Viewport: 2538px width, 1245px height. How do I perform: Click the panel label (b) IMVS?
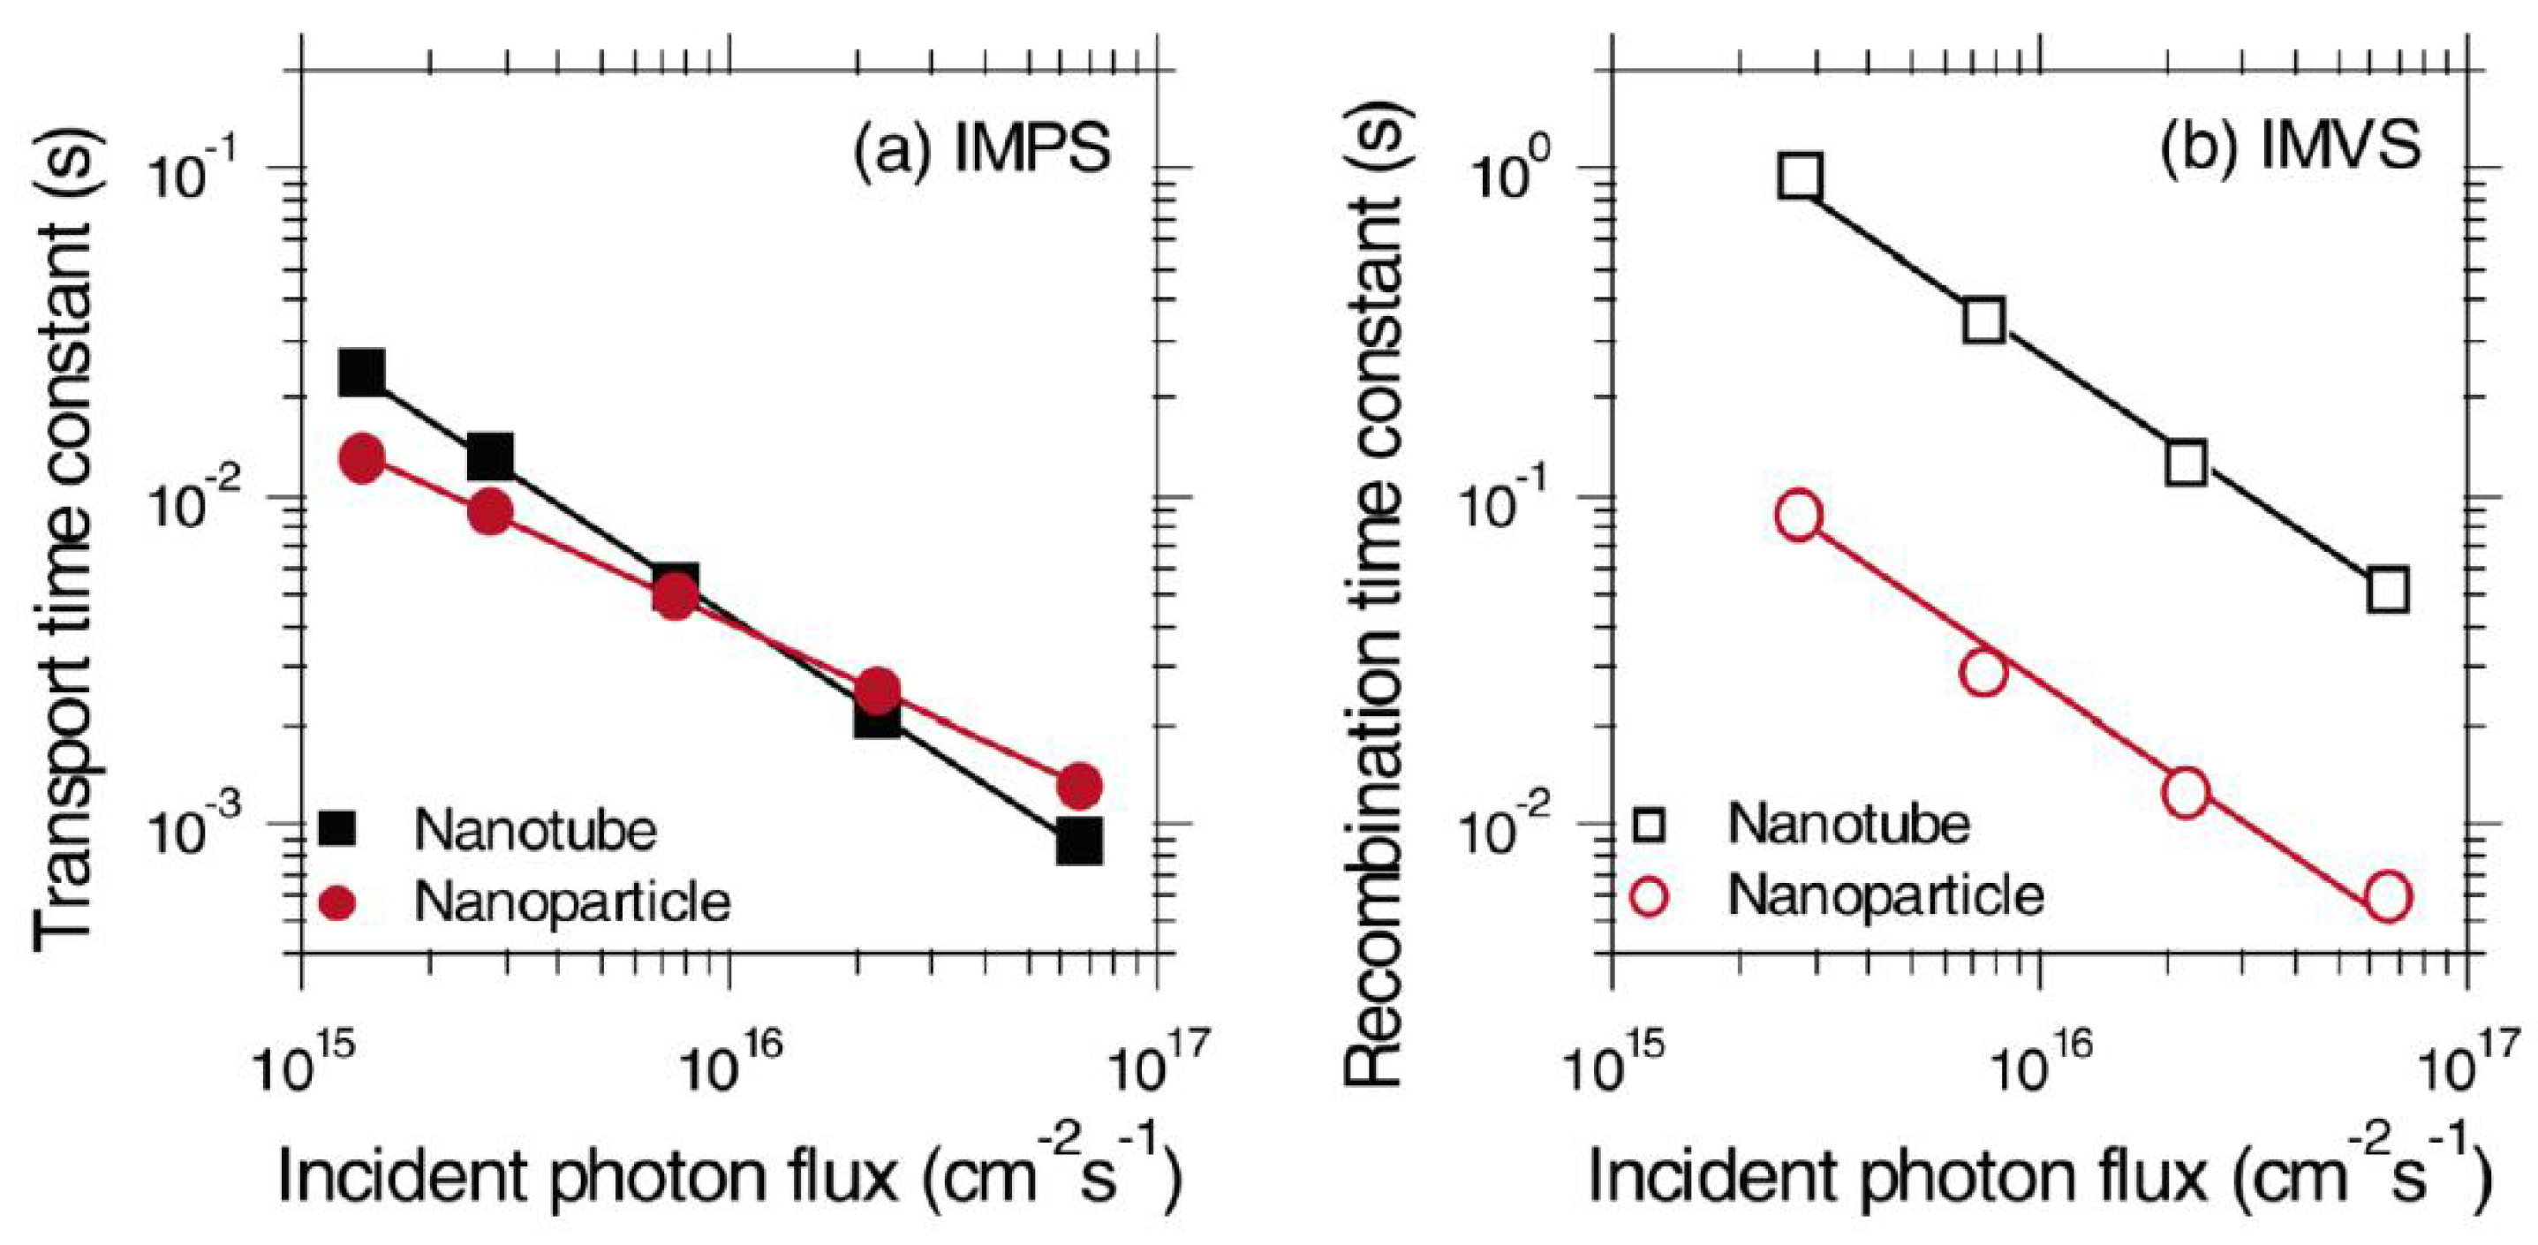[2290, 147]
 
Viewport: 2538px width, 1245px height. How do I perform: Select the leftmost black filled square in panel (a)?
[361, 373]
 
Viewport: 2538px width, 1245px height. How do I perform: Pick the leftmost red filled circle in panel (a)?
[361, 458]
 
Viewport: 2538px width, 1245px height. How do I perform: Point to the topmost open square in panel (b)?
[1800, 177]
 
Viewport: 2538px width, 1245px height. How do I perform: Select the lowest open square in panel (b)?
[2388, 590]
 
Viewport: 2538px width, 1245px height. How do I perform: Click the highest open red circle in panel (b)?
[1799, 517]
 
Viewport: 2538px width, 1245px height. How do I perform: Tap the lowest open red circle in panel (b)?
[2388, 896]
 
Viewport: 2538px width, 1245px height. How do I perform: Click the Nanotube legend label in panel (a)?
[535, 830]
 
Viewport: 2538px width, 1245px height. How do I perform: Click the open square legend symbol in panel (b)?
[1650, 825]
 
